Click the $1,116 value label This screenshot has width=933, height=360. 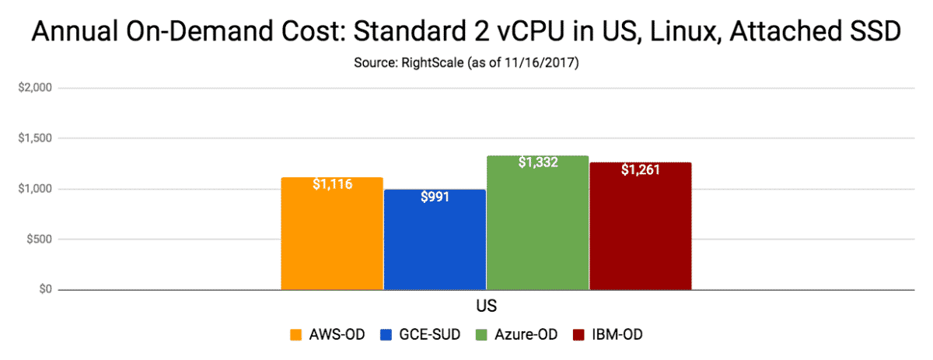[332, 186]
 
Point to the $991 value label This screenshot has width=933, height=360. [435, 197]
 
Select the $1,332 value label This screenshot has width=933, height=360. [537, 163]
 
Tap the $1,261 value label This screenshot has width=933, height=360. [640, 170]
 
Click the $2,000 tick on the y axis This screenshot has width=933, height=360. [34, 88]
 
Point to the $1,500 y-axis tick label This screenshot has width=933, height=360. [34, 138]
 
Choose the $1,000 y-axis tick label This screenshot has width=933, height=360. [34, 189]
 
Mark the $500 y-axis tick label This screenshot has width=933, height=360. [39, 239]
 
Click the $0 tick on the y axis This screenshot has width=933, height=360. [44, 290]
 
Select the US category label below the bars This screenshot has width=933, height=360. [486, 306]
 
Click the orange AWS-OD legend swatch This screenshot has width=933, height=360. [295, 335]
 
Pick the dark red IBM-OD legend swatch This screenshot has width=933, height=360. [580, 335]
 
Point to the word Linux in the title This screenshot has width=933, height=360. [699, 33]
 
